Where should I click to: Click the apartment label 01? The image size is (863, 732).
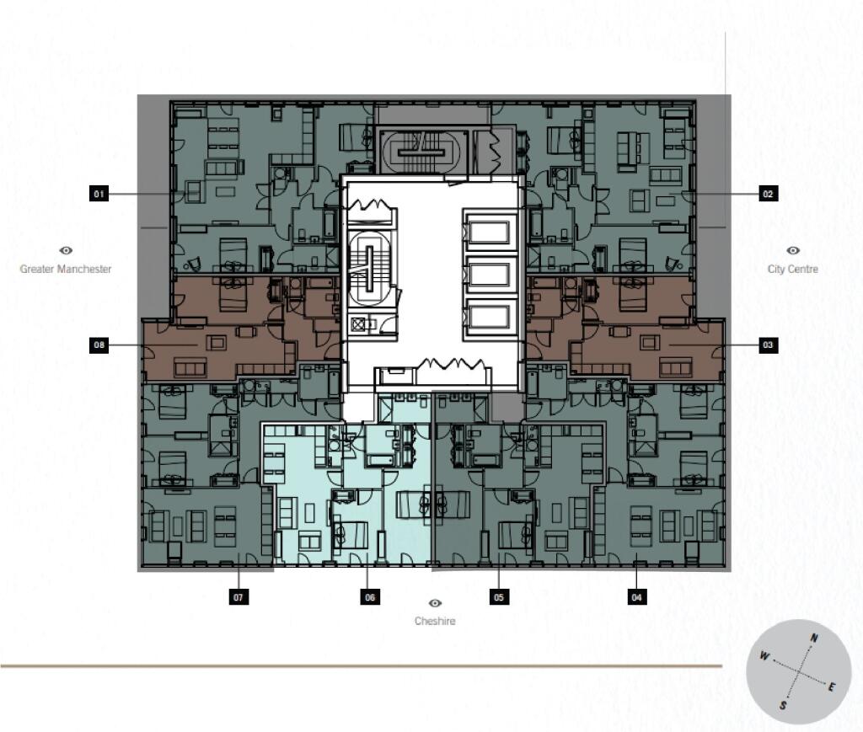coord(99,195)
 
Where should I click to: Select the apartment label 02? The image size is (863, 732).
coord(767,195)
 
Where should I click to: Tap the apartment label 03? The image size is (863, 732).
coord(767,345)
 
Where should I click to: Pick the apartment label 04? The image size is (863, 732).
coord(637,597)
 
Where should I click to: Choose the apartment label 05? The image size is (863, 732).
coord(500,597)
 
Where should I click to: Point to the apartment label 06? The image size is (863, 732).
coord(369,597)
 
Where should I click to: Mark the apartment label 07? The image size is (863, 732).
coord(239,597)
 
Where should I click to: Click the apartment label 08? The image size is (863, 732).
coord(99,345)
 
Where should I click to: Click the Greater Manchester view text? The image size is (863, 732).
coord(66,269)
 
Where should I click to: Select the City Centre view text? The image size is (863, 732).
coord(792,269)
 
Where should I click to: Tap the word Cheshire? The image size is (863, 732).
coord(435,622)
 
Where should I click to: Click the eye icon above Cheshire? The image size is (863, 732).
coord(435,604)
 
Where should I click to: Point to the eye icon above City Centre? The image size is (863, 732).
coord(792,250)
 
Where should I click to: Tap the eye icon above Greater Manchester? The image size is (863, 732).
coord(66,250)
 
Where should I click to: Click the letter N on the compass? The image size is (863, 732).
coord(813,638)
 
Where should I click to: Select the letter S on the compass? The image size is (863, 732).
coord(783,706)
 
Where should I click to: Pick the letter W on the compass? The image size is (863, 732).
coord(764,656)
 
